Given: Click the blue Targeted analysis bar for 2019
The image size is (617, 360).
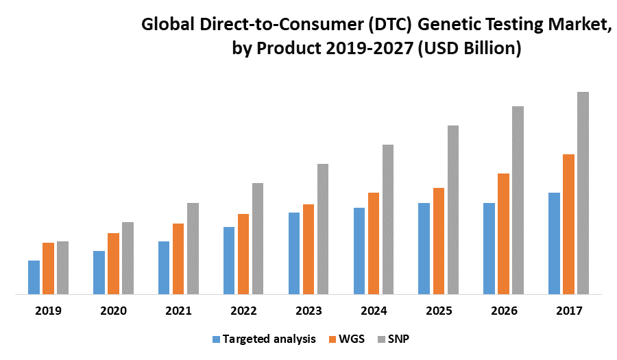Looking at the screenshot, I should [x=34, y=278].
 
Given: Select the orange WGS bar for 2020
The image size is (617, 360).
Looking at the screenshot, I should [x=113, y=264].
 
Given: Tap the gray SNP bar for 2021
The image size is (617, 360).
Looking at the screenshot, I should [x=193, y=248].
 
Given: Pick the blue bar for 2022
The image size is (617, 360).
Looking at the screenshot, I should [x=229, y=261].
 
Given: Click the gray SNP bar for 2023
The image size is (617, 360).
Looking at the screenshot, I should [x=323, y=229].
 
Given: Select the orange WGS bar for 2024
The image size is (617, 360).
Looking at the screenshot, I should [x=374, y=243].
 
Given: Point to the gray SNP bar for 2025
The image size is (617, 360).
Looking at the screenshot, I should [x=453, y=210].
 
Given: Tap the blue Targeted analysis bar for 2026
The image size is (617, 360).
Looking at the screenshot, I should [x=489, y=248].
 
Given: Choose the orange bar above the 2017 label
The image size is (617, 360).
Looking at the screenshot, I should [x=568, y=224].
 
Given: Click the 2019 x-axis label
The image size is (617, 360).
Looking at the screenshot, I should [x=48, y=311].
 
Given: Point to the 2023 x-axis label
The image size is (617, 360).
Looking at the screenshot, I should [x=308, y=311].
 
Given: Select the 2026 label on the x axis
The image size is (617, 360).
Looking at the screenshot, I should [x=504, y=311].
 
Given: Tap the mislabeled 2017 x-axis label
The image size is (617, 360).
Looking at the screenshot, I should [x=569, y=311].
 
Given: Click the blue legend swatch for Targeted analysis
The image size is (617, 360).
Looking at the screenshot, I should [x=217, y=339].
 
